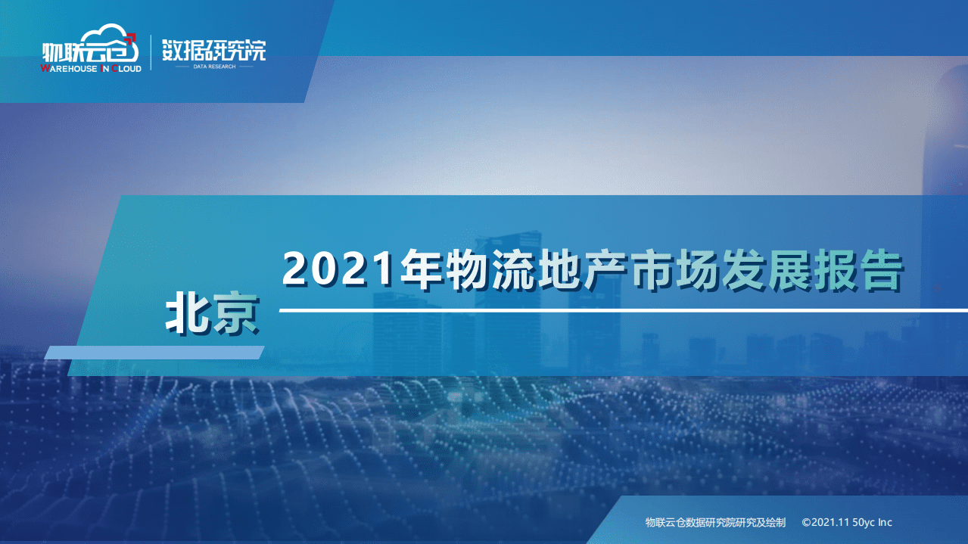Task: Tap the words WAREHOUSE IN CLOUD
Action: coord(91,69)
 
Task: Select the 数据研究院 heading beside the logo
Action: coord(214,49)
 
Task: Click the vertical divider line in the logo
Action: coord(151,52)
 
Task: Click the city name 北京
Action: coord(211,315)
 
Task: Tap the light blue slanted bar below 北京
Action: coord(154,353)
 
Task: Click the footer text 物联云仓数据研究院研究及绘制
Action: coord(715,522)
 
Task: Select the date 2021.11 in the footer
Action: coord(832,522)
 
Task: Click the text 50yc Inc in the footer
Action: coord(873,522)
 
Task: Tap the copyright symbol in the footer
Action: coord(806,522)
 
